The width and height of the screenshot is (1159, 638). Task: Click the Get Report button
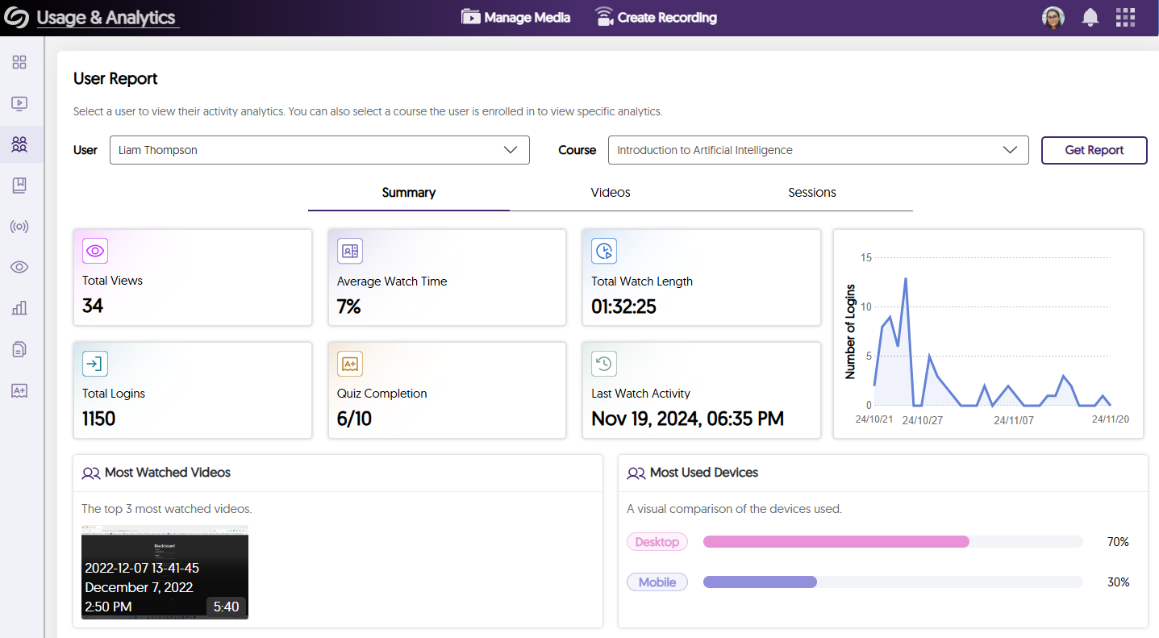1094,150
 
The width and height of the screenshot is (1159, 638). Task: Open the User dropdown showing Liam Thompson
319,150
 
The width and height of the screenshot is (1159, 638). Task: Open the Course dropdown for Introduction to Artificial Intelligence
818,150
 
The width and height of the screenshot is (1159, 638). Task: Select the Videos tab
611,193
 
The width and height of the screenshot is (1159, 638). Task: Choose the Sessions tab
811,193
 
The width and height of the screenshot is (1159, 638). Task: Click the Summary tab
409,193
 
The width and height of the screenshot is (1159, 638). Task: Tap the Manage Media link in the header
516,17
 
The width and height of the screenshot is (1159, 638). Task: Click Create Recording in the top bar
656,17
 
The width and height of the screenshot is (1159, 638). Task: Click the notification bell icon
1090,17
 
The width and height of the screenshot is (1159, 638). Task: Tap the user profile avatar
1053,17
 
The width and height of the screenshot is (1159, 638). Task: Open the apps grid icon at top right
1125,17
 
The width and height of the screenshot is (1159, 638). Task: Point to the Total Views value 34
93,306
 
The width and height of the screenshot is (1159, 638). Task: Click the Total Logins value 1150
99,419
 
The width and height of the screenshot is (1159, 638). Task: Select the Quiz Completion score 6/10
354,419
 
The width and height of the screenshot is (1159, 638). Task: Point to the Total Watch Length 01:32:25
624,306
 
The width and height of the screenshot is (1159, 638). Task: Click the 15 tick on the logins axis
866,258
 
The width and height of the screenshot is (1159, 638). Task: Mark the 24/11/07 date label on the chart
1013,420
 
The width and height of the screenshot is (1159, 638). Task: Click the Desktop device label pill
657,542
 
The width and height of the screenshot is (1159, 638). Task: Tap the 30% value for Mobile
1118,582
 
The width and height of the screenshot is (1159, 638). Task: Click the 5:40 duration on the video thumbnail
226,607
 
